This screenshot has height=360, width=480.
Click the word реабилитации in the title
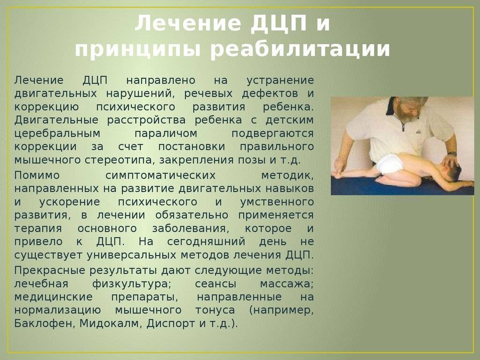pos(300,49)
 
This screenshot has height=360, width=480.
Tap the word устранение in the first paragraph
pos(280,81)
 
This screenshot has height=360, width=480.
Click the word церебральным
pos(57,134)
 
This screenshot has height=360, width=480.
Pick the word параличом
pos(166,134)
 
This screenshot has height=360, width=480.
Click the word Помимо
pos(37,175)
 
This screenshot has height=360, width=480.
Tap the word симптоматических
pos(160,175)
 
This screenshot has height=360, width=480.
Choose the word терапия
pos(38,229)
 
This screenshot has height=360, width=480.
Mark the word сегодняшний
pos(206,242)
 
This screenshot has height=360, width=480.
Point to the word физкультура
pos(131,284)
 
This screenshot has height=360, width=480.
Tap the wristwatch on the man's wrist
pos(452,153)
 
